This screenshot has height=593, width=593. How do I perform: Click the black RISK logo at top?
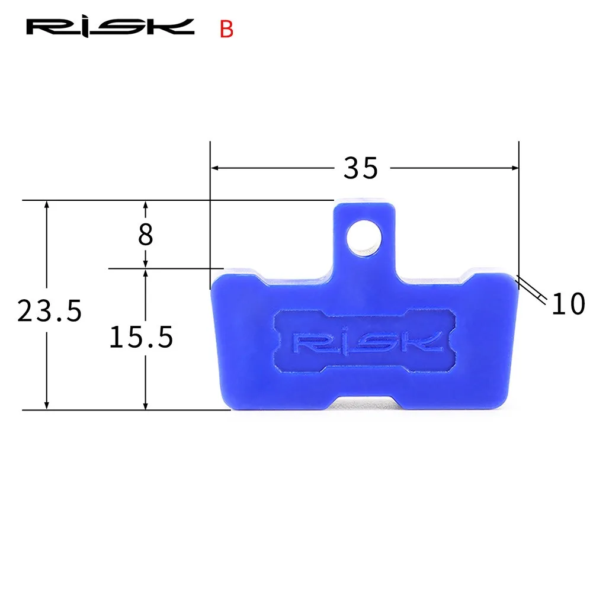click(x=110, y=27)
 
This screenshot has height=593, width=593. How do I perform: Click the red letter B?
click(x=226, y=29)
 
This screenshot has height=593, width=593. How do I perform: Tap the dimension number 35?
click(x=360, y=168)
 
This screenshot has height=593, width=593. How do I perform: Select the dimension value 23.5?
click(x=50, y=311)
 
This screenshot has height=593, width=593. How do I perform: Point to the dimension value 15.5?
click(x=141, y=337)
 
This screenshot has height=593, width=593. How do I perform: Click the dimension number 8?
click(x=146, y=234)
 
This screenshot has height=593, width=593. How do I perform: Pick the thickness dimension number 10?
click(x=568, y=304)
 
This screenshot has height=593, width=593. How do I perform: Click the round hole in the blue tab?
click(x=364, y=238)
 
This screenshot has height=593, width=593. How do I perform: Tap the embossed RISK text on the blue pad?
click(x=368, y=342)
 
